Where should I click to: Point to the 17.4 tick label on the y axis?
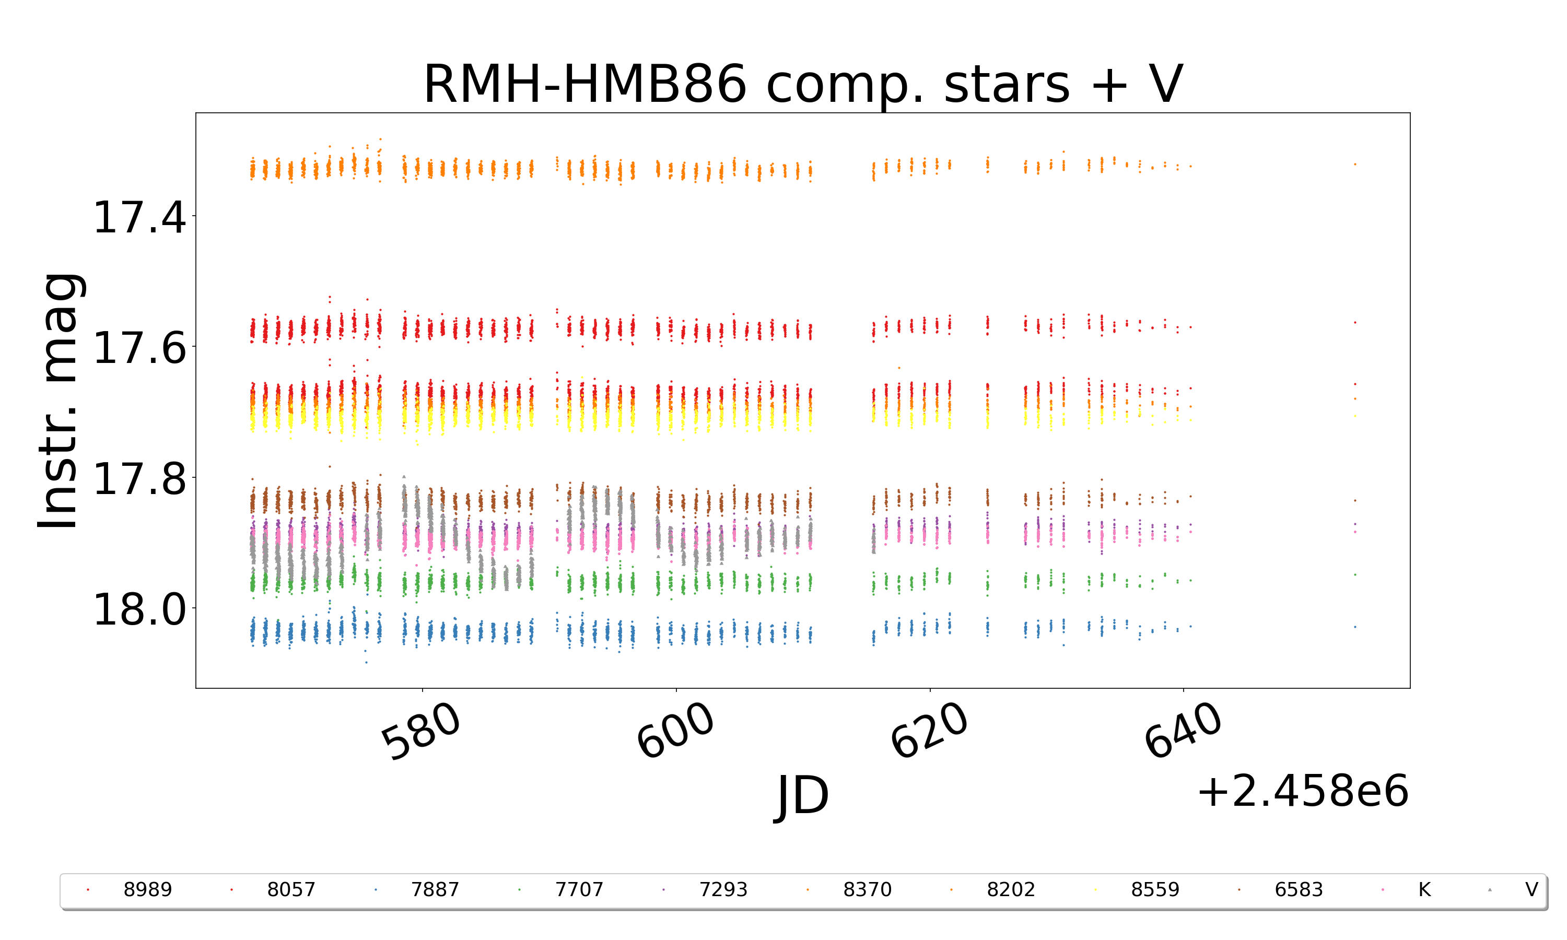coord(139,217)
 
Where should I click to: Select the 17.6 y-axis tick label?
coord(139,348)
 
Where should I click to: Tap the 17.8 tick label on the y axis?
coord(139,479)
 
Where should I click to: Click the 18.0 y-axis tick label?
coord(139,610)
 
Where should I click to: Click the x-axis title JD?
coord(802,795)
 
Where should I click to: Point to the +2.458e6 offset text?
coord(1302,792)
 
